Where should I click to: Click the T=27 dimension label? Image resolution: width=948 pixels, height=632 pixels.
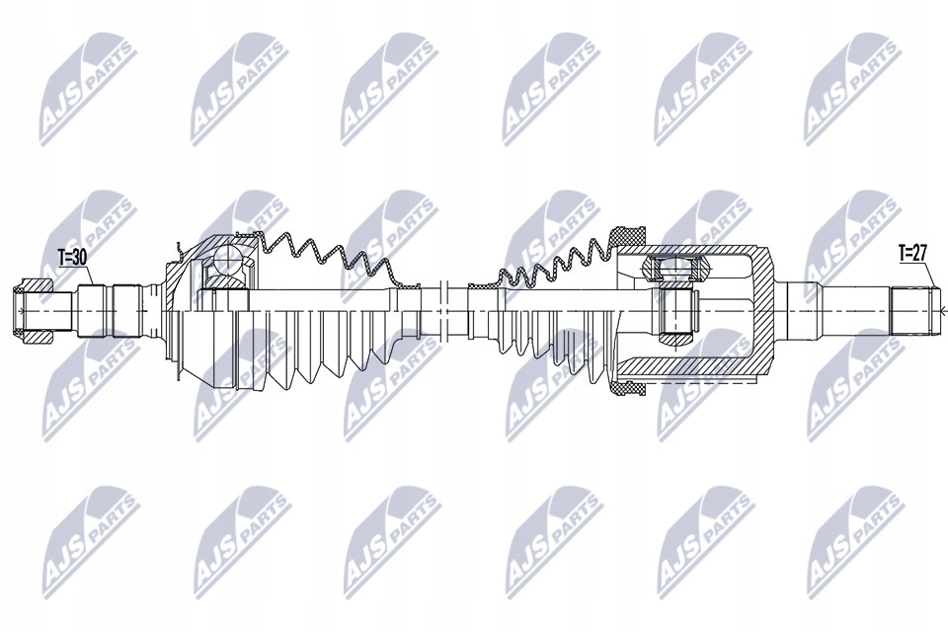click(912, 254)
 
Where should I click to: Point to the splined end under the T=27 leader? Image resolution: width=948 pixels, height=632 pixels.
click(912, 308)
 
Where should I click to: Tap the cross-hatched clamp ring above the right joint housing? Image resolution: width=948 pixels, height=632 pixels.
click(625, 235)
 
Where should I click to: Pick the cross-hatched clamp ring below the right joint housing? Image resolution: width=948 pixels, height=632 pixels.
click(625, 389)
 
